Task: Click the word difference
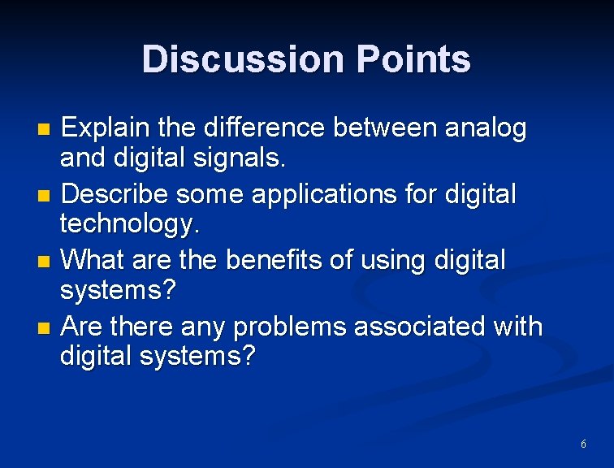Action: [x=265, y=128]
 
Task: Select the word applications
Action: [x=330, y=195]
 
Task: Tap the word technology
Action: [x=130, y=225]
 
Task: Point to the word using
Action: [x=394, y=261]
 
